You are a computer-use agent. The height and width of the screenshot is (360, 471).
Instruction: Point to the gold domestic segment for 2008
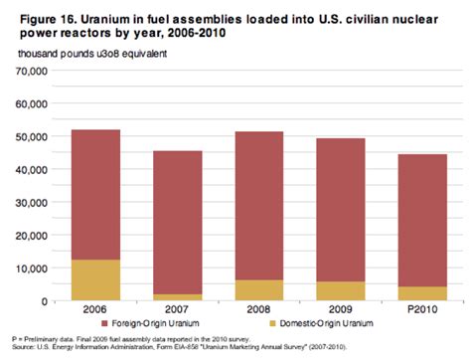point(258,289)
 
